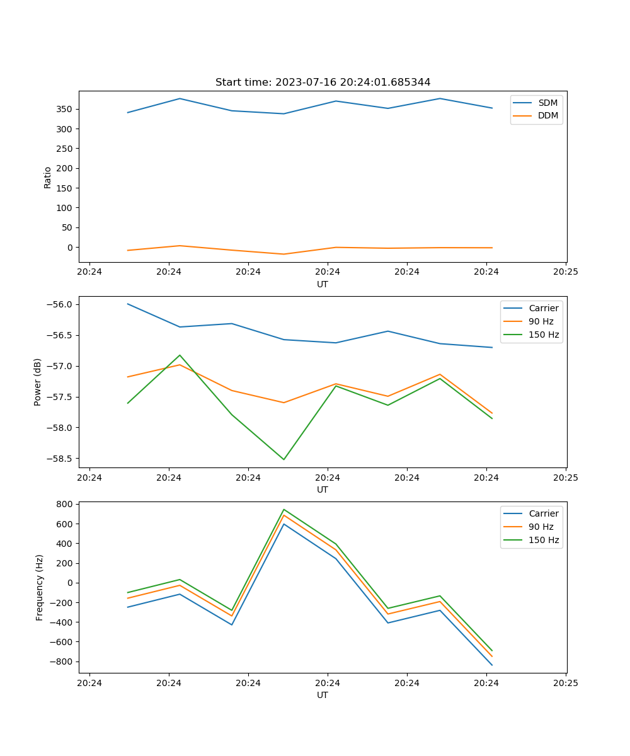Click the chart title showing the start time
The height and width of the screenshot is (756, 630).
[x=323, y=83]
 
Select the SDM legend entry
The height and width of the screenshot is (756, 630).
[x=547, y=103]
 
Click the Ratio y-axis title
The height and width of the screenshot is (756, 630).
[x=48, y=176]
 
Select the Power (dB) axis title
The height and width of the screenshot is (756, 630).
[x=38, y=382]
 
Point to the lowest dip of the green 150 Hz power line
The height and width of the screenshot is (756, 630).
[x=283, y=459]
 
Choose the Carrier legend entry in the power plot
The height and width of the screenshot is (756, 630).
[x=543, y=308]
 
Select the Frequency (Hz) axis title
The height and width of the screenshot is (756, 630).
[x=40, y=587]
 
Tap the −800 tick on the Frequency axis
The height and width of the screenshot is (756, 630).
[x=62, y=662]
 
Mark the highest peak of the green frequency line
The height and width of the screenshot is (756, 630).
[x=283, y=509]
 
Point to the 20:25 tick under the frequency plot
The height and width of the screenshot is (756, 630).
[x=566, y=683]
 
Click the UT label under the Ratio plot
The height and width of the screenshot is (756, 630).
[x=323, y=284]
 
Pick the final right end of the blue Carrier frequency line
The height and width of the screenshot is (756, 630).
[x=492, y=665]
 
